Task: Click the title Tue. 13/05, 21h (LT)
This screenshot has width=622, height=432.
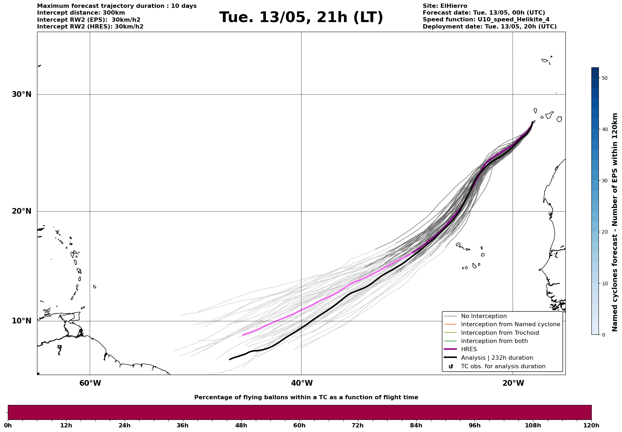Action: (301, 17)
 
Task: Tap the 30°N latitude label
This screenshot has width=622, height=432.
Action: (22, 94)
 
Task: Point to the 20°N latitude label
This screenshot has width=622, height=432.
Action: (22, 211)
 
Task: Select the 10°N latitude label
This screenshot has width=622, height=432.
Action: (22, 321)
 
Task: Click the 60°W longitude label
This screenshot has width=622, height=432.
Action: (90, 383)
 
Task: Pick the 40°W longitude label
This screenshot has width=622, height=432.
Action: (302, 383)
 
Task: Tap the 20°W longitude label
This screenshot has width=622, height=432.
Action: (513, 383)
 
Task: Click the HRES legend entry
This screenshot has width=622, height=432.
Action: (469, 349)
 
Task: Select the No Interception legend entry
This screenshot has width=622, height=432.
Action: (484, 316)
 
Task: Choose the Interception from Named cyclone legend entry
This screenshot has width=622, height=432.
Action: (510, 324)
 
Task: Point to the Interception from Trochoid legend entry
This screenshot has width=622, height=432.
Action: (500, 333)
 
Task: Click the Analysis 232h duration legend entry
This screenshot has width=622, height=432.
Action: (497, 358)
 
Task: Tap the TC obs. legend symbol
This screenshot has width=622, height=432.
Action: (451, 366)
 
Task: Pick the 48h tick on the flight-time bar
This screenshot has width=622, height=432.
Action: (241, 425)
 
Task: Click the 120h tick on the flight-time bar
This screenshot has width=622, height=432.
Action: (591, 425)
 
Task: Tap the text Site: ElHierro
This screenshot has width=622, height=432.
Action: (445, 6)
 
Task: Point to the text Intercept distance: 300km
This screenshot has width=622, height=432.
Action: (81, 13)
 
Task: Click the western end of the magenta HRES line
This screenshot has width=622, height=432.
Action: (243, 335)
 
